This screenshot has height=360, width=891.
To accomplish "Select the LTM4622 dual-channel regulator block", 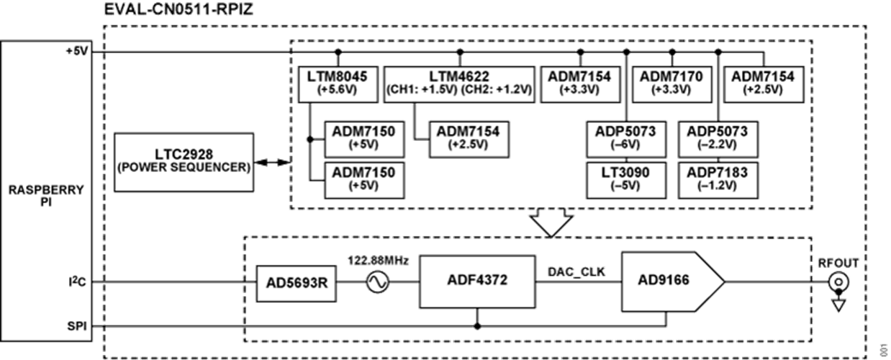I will click(x=459, y=84).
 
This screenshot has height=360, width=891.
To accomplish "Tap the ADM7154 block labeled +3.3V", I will click(x=581, y=84).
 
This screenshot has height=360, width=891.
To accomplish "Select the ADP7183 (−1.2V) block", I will click(x=717, y=178).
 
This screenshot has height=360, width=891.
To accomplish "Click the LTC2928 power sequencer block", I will click(x=185, y=161).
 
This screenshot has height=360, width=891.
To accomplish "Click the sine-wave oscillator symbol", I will click(x=377, y=283).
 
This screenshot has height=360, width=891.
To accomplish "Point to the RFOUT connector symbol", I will click(x=837, y=283).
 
